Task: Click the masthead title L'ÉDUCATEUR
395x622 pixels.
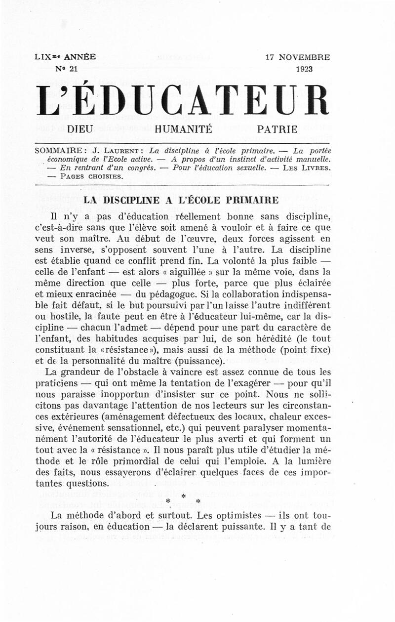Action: pos(182,101)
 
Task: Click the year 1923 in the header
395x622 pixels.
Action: pos(306,69)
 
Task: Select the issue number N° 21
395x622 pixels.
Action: pos(67,69)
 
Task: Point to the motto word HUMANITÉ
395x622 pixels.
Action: pos(183,130)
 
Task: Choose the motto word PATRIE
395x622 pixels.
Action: pos(277,130)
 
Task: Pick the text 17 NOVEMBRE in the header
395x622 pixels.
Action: pos(297,57)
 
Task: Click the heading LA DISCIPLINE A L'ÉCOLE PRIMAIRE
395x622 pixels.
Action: pos(182,200)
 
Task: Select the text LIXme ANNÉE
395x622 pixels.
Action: pos(66,57)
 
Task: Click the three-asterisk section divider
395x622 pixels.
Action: pos(182,499)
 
